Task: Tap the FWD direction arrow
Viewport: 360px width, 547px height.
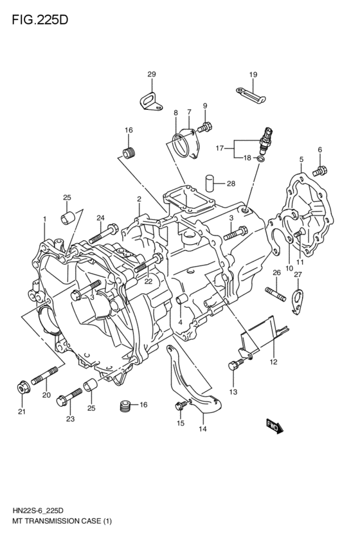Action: coord(275,426)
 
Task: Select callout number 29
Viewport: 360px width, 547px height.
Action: coord(152,75)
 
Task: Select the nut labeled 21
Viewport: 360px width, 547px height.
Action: coord(21,388)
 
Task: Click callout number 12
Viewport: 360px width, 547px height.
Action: coord(273,363)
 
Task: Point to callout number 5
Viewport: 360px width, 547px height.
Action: coord(301,159)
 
